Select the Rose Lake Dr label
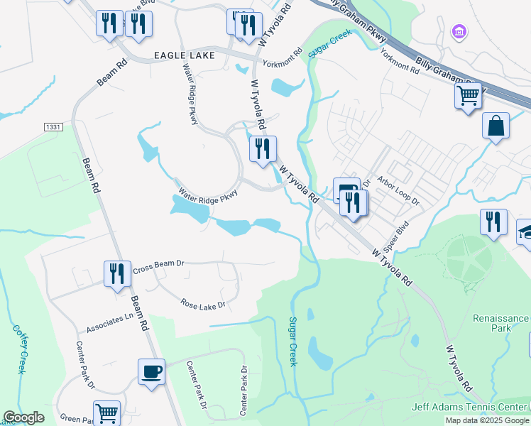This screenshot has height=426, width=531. pyautogui.click(x=202, y=305)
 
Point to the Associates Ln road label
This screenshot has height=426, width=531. pyautogui.click(x=109, y=324)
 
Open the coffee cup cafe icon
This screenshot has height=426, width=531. pyautogui.click(x=152, y=371)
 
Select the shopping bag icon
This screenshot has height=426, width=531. pyautogui.click(x=496, y=126)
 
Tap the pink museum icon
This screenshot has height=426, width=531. pyautogui.click(x=460, y=31)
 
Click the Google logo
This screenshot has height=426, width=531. pyautogui.click(x=24, y=417)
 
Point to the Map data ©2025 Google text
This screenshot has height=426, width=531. pyautogui.click(x=487, y=420)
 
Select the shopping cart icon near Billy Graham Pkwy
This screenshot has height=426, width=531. pyautogui.click(x=468, y=94)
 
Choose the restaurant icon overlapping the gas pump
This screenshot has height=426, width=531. pyautogui.click(x=353, y=202)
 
